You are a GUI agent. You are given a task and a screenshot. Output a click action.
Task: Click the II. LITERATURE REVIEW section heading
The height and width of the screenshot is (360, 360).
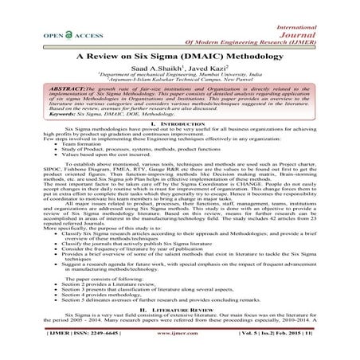click(x=179, y=327)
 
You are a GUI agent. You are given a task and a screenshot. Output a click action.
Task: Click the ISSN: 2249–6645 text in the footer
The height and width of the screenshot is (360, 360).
click(x=71, y=347)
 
